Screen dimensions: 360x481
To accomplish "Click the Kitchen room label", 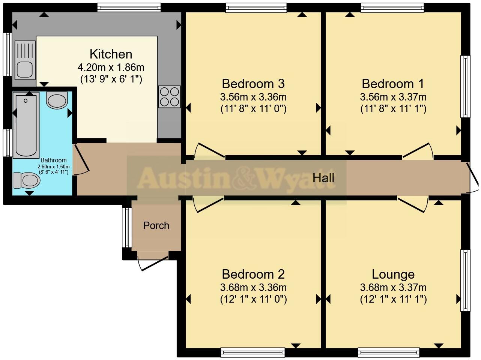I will [111, 54].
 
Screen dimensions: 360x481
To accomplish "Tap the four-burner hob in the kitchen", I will [170, 96].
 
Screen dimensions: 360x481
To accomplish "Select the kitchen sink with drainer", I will [25, 60].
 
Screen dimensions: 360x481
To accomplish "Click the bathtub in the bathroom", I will [26, 126].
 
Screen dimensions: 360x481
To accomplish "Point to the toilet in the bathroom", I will [26, 180].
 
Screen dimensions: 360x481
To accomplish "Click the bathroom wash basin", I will [57, 100].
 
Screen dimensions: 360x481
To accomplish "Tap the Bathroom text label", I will [54, 160].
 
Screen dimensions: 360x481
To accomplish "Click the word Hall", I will [323, 178].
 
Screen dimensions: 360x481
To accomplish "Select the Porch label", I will [156, 225].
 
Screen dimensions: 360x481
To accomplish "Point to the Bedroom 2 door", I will [209, 204].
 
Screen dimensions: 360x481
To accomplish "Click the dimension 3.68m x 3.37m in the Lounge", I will [393, 288].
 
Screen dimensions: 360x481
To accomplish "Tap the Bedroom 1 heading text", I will [393, 83].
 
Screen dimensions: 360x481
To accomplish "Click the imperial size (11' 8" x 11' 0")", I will [253, 109].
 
